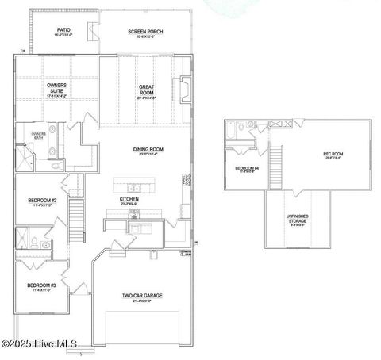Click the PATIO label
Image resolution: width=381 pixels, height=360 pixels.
coord(61,32)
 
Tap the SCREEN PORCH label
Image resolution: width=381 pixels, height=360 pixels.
coord(145,33)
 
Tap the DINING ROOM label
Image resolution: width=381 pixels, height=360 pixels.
coord(147,151)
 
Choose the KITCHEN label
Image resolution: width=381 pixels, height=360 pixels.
coord(129,200)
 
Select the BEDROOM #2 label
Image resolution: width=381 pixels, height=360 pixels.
coord(41,201)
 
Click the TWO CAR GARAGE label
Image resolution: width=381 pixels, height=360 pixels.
coord(142,297)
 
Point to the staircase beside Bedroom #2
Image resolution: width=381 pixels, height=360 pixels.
coord(77,213)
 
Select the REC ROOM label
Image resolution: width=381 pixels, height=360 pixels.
coord(333,155)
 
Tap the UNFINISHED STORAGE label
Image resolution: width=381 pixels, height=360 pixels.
coord(298,220)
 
